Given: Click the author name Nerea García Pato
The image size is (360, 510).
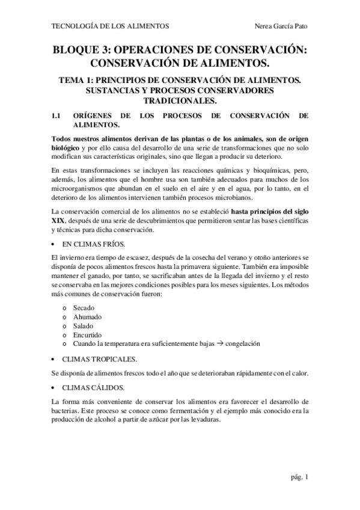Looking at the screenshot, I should [x=281, y=26].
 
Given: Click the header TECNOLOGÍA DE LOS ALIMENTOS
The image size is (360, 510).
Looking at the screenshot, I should [x=111, y=26].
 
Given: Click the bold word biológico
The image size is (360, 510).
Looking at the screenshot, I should [x=67, y=147].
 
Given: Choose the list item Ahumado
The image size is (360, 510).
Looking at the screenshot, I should [x=87, y=316].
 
